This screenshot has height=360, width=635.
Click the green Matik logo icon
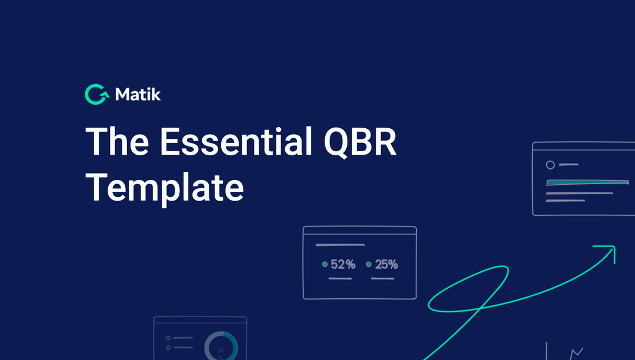click(96, 94)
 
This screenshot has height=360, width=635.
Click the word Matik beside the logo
click(138, 94)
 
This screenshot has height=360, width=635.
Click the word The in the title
click(117, 142)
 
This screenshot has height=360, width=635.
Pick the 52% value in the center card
click(343, 265)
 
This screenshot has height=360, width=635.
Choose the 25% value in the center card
click(386, 265)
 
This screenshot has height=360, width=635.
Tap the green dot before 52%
click(325, 265)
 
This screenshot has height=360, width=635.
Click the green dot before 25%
click(369, 265)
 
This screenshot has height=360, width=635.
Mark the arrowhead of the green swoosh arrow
click(609, 251)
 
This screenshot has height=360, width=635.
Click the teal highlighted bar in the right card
click(587, 182)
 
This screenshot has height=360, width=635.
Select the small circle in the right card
click(550, 165)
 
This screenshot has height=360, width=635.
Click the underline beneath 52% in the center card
click(340, 278)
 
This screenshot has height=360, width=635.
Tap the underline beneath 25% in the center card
click(383, 278)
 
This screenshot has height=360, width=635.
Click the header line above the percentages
click(340, 245)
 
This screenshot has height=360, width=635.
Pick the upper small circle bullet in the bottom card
click(168, 338)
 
